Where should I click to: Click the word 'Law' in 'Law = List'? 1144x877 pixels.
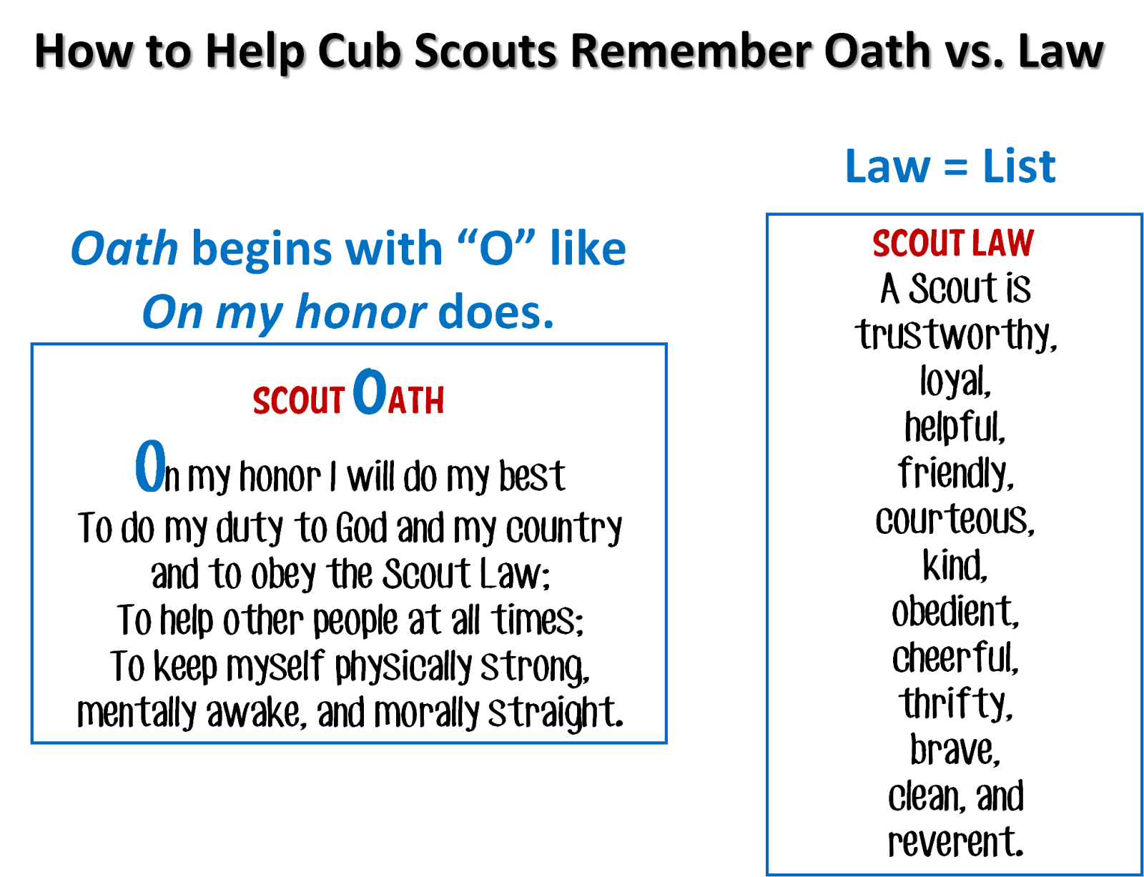pos(887,167)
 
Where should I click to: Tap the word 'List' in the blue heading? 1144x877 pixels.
pos(1019,167)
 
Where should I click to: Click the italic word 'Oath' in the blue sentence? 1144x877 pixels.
pos(124,249)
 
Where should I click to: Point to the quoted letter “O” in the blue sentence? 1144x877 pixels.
pos(496,249)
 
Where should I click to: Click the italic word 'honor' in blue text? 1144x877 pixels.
pos(361,313)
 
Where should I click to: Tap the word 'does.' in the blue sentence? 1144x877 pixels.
pos(495,313)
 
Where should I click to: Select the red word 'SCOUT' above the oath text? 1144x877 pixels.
pos(299,400)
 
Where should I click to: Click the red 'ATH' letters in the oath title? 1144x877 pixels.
pos(416,401)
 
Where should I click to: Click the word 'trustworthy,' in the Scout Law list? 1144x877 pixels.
pos(956,335)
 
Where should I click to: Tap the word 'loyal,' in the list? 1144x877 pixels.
pos(955,382)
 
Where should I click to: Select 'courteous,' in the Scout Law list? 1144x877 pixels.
pos(955,520)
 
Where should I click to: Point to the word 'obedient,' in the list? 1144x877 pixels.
pos(955,613)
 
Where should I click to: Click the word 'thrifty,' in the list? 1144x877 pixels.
pos(955,705)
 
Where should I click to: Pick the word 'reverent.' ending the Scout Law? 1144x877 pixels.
pos(955,843)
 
